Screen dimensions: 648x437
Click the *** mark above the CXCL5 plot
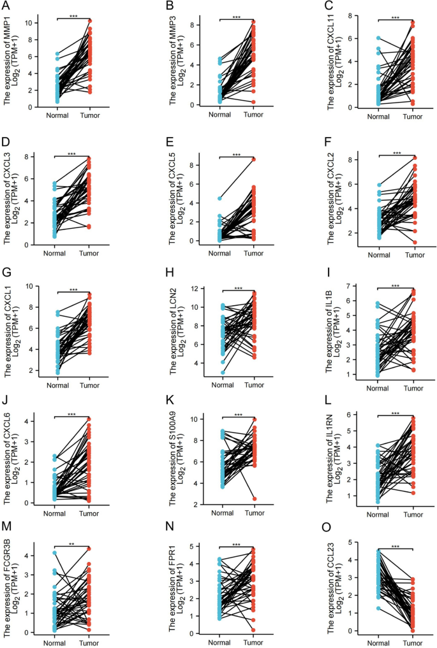(x=237, y=155)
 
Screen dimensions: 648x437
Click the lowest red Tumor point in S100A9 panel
(x=254, y=498)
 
